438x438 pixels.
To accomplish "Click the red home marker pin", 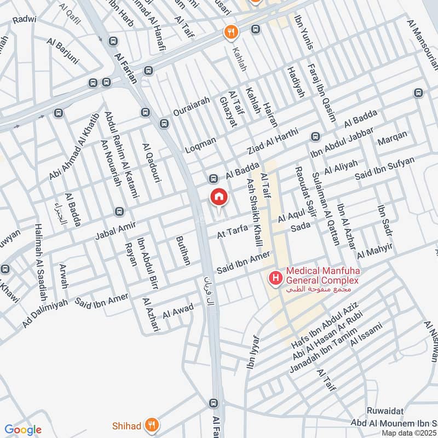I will [218, 197].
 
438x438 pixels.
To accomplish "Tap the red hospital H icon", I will [275, 279].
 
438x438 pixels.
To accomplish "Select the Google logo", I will [23, 430].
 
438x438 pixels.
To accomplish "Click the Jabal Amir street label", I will [115, 229].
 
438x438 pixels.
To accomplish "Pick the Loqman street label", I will [201, 145].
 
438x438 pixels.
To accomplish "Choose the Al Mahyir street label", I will [375, 251].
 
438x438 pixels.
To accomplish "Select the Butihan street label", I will [183, 251].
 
